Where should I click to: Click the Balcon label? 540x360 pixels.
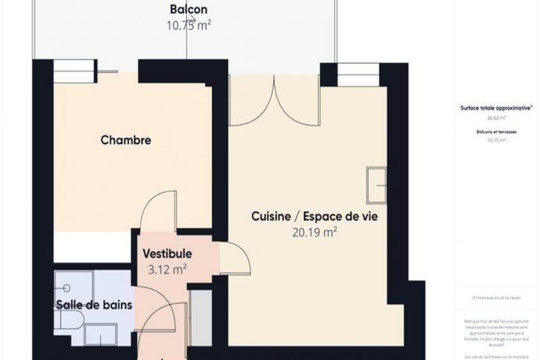click(188, 10)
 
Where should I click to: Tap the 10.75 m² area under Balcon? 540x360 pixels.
click(188, 25)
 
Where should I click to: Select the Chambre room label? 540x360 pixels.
click(125, 140)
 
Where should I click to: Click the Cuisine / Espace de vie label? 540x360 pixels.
click(314, 217)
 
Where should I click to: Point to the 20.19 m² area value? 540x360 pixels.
click(314, 233)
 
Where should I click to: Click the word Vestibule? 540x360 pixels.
click(167, 254)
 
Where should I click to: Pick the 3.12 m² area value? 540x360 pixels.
click(167, 270)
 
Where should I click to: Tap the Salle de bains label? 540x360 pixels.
click(94, 305)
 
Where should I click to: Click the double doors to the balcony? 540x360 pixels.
click(274, 102)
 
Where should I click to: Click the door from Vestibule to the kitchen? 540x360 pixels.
click(235, 259)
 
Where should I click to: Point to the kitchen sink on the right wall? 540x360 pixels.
click(376, 185)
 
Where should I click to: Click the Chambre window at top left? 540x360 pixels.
click(75, 71)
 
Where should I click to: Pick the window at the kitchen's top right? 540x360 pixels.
click(358, 75)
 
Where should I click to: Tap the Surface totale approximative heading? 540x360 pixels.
click(496, 108)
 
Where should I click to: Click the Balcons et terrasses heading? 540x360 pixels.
click(496, 131)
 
